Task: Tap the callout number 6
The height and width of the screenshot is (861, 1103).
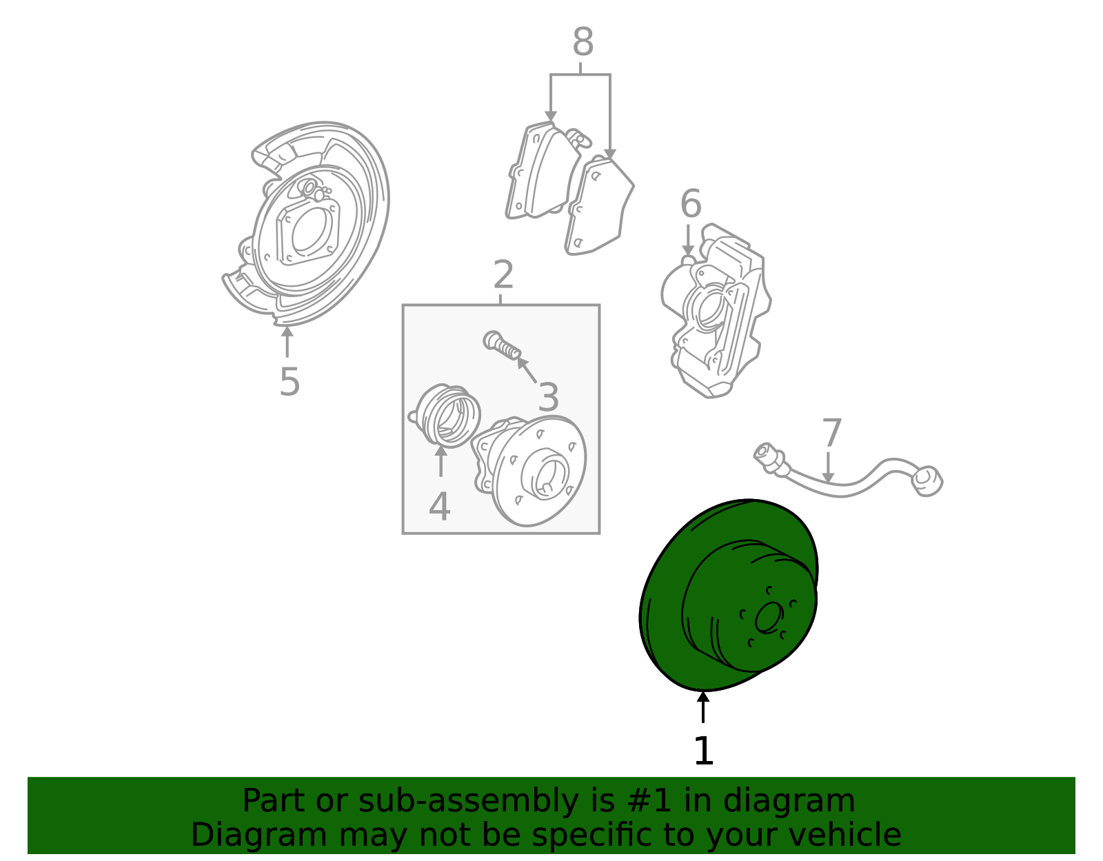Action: (690, 203)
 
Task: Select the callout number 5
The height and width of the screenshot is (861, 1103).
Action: (290, 382)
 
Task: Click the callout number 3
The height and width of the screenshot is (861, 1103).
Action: (548, 397)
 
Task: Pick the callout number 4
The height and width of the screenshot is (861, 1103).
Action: (439, 507)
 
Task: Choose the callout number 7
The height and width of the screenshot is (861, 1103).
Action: (831, 433)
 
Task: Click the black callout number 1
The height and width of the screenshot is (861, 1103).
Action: (704, 751)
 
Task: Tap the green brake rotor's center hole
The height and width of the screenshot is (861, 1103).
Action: (769, 618)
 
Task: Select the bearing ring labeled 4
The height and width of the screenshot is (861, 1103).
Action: (445, 416)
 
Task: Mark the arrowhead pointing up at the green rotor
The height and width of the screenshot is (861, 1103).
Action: (703, 697)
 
